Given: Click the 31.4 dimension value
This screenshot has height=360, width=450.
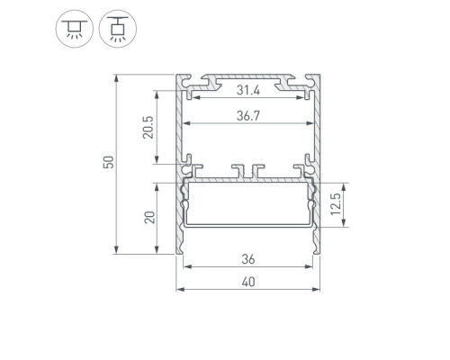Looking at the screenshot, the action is [248, 90].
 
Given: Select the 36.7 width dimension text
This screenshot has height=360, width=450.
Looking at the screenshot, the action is [248, 116].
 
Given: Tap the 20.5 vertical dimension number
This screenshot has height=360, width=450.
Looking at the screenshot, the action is [148, 127].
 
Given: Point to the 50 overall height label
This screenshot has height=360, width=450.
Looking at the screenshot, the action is [109, 162].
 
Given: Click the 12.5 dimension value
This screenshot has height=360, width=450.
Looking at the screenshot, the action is [336, 204].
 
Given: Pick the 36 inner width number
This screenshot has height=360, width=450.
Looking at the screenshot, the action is [248, 259].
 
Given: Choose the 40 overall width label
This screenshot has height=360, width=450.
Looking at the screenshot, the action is [248, 282].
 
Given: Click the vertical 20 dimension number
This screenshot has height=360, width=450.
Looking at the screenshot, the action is [149, 218].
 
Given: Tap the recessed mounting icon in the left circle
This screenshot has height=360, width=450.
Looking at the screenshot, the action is [75, 29].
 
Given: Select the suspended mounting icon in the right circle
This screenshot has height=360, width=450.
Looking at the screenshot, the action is [118, 29].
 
